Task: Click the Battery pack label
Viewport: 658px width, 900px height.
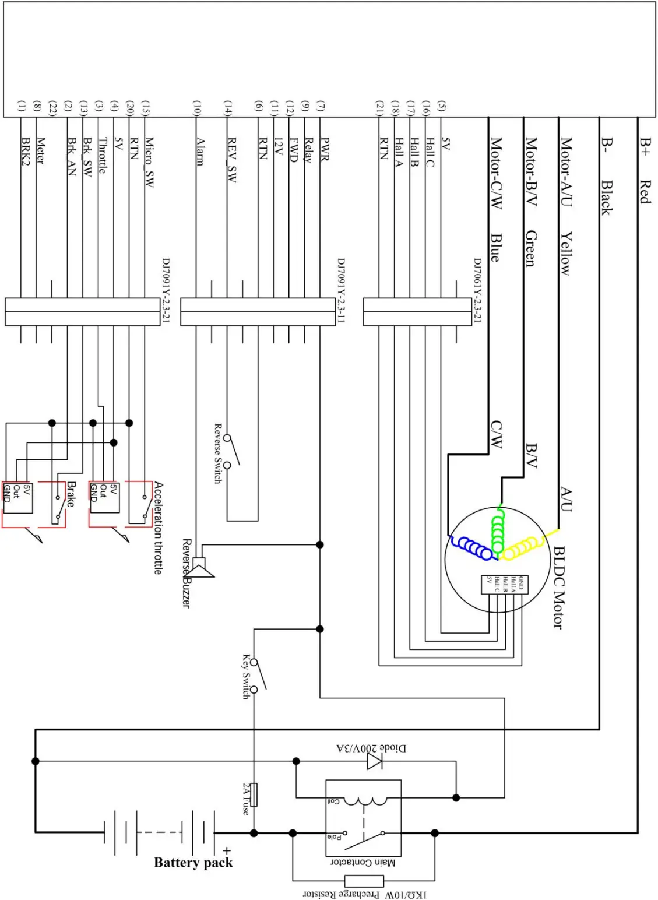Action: pos(193,863)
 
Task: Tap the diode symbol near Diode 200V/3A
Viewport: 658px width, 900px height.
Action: pos(375,761)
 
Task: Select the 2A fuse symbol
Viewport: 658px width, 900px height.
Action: pos(254,794)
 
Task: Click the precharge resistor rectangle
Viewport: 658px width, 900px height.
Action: pos(364,881)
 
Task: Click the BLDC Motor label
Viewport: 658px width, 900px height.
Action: pos(558,586)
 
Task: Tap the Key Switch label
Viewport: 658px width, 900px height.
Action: pos(246,676)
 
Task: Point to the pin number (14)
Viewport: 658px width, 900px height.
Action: pos(228,107)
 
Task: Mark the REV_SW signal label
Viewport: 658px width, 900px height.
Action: pos(231,160)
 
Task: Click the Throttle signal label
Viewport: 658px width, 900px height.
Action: pos(102,155)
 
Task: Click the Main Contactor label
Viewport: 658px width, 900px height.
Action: pos(363,862)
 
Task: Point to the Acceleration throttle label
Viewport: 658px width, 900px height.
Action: pos(158,528)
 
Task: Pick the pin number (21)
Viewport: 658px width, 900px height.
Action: pos(380,107)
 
